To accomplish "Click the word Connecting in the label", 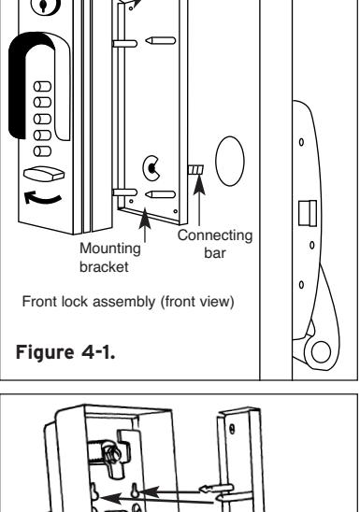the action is click(x=215, y=235).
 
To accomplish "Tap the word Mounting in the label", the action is click(x=110, y=249).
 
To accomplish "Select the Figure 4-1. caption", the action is click(x=65, y=352).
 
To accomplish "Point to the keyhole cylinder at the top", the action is click(x=46, y=6).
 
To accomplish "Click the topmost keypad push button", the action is click(x=42, y=87).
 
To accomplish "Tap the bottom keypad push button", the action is click(x=42, y=151).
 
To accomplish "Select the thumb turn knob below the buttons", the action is click(x=44, y=174).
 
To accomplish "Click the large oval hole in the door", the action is click(x=230, y=162).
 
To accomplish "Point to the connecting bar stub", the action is click(x=195, y=170).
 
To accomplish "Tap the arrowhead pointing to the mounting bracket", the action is click(x=145, y=219).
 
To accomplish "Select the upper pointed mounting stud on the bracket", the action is click(x=161, y=41).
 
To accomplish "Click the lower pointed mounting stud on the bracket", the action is click(x=161, y=194).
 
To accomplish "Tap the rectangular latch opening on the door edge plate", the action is click(x=308, y=213).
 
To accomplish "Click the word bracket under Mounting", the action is click(x=104, y=267).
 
